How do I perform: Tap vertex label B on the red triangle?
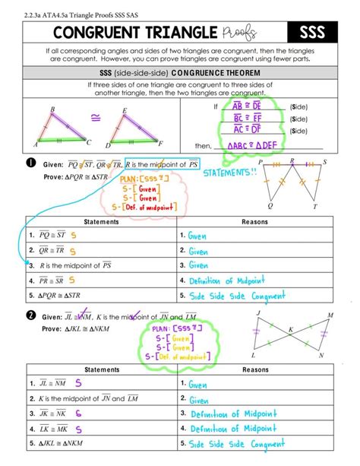coord(52,110)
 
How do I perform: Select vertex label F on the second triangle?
coord(160,143)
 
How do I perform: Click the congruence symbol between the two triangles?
coord(96,118)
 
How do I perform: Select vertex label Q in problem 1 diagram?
coord(271,205)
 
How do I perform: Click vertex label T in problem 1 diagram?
coord(315,206)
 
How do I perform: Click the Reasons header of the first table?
coord(254,222)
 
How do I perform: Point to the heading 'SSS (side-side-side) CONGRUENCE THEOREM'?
coord(179,71)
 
